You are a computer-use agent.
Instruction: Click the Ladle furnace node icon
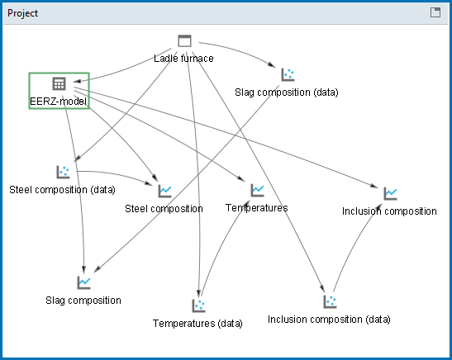click(184, 40)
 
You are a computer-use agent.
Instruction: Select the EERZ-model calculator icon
click(59, 83)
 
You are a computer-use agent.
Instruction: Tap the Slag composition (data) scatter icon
click(288, 74)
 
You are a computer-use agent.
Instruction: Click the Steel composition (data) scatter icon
click(63, 172)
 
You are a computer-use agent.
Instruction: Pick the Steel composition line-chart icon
click(165, 191)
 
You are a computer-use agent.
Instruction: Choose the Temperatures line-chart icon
click(258, 190)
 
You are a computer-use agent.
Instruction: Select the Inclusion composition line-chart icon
click(390, 193)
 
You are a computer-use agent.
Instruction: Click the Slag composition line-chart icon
click(84, 282)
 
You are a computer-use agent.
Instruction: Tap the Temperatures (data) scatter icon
click(198, 306)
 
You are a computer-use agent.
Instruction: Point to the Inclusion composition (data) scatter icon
click(330, 301)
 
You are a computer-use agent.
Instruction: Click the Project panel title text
click(22, 13)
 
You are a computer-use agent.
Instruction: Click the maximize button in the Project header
click(435, 12)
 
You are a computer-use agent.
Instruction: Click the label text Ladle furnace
click(183, 59)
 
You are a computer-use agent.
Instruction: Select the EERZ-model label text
click(58, 102)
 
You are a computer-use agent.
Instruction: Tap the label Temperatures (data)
click(197, 324)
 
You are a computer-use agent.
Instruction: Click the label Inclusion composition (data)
click(329, 320)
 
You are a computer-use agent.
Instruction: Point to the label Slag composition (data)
click(287, 92)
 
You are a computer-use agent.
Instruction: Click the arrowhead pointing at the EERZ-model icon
click(77, 81)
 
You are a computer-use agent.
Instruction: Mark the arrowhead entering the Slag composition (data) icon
click(272, 64)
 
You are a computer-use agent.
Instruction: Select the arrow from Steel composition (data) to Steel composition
click(116, 174)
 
